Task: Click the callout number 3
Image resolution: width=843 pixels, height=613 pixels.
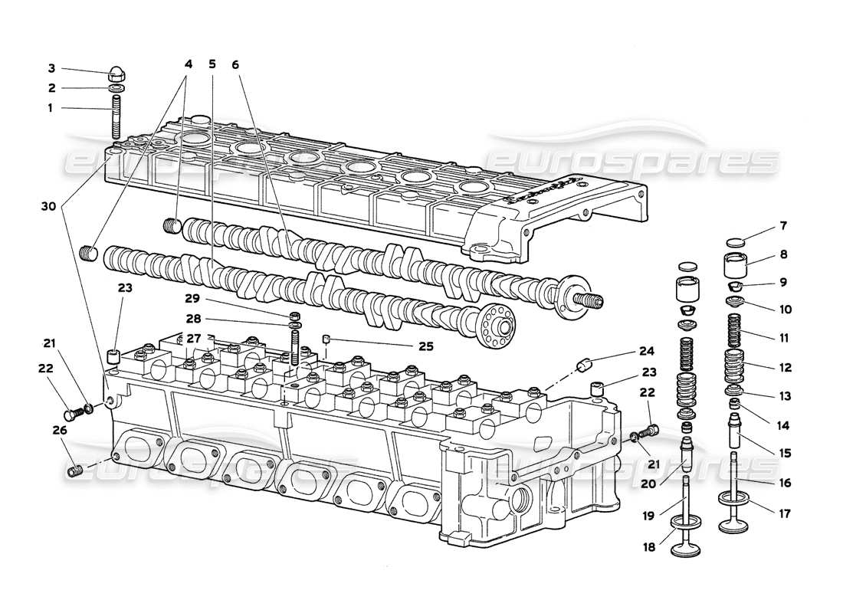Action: coord(51,68)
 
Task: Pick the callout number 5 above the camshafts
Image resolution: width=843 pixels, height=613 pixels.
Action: coord(212,65)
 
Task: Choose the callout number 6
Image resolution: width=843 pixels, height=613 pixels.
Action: coord(235,65)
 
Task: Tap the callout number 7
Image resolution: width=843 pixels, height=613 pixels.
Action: coord(782,226)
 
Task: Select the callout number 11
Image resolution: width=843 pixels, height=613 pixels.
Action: coord(782,338)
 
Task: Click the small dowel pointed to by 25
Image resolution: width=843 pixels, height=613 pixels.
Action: coord(325,339)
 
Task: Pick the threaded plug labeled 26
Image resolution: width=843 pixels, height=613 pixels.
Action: coord(74,470)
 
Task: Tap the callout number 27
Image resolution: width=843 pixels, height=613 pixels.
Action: coord(193,338)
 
